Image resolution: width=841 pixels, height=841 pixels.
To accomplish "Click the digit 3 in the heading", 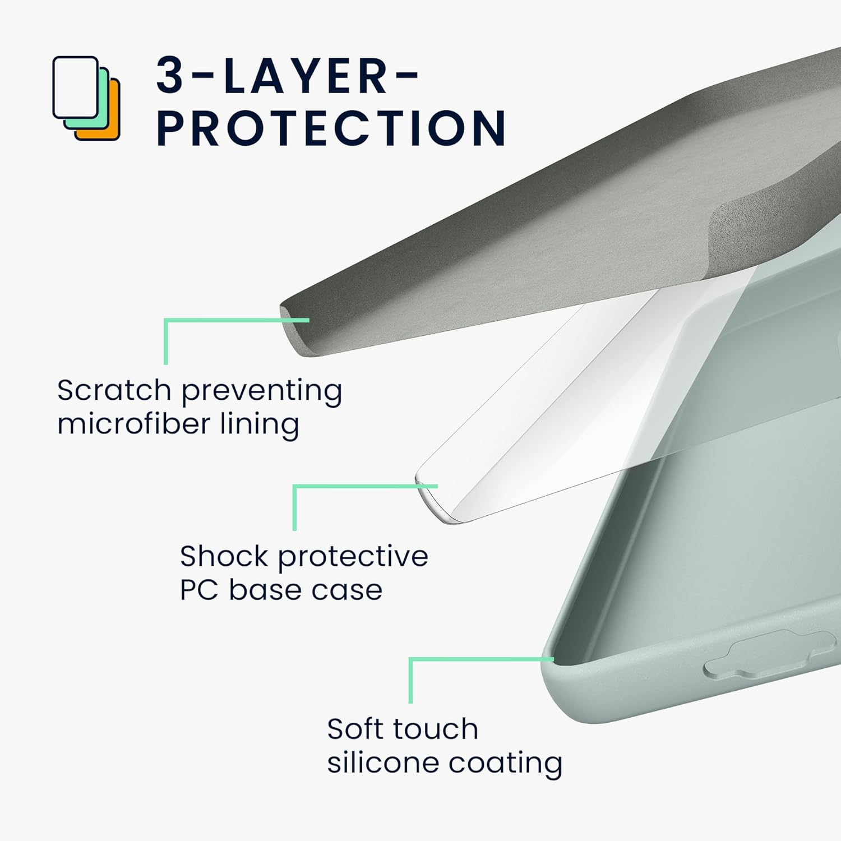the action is pyautogui.click(x=170, y=75).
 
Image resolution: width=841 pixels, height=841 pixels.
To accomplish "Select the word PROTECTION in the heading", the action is pyautogui.click(x=331, y=128).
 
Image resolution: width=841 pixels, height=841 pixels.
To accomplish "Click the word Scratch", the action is pyautogui.click(x=114, y=390).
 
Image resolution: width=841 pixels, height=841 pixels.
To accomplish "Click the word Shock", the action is pyautogui.click(x=224, y=556).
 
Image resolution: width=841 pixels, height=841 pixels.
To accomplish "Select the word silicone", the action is pyautogui.click(x=375, y=763).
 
